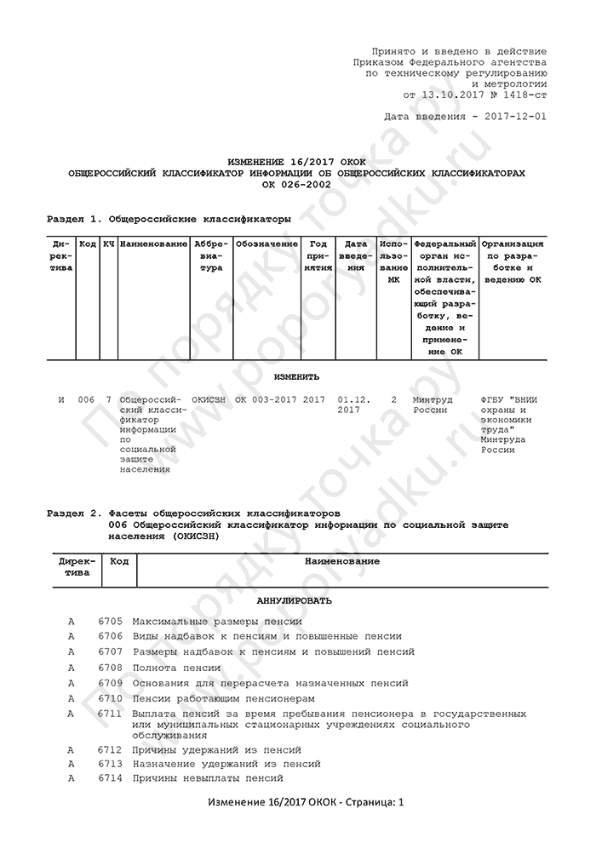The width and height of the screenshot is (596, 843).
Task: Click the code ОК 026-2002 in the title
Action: point(297,184)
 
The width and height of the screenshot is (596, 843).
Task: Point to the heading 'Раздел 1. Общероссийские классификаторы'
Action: point(169,220)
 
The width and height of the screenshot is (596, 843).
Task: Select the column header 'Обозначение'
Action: point(266,244)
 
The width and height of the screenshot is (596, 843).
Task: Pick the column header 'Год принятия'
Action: point(318,255)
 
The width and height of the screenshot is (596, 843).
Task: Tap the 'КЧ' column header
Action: point(108,244)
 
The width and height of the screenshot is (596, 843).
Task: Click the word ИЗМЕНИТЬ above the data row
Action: point(297,376)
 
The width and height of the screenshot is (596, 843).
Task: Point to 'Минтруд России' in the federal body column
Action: point(432,404)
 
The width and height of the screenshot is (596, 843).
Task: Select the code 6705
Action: point(111,622)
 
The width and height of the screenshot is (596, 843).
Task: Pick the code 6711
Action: point(111,713)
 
